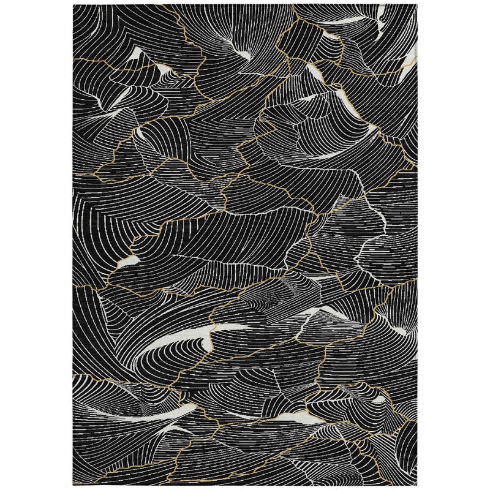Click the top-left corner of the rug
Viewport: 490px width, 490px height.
73,6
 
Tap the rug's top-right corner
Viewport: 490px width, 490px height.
418,5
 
